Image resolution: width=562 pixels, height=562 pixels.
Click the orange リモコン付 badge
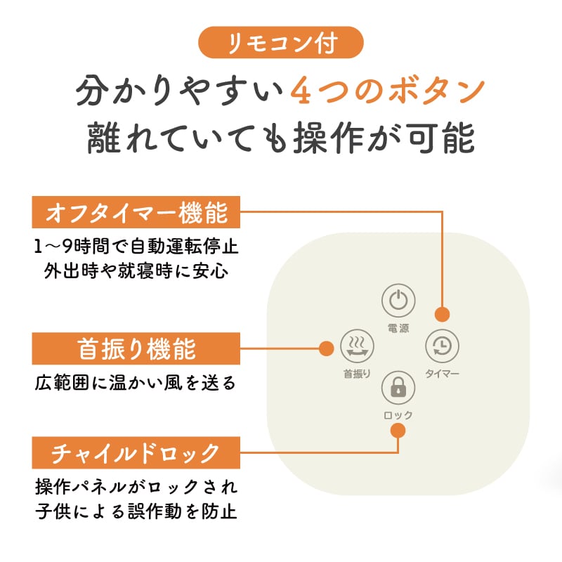(x=280, y=42)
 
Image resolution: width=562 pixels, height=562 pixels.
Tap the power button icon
(x=398, y=301)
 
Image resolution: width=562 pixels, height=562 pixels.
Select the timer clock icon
(x=442, y=346)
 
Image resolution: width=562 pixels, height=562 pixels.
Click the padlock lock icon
(x=398, y=388)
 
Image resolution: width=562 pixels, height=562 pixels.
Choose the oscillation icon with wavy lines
(x=357, y=346)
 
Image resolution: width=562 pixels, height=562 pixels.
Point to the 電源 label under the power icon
(x=398, y=328)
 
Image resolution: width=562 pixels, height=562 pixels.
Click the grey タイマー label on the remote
(x=442, y=374)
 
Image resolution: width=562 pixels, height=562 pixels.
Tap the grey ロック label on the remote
(x=398, y=415)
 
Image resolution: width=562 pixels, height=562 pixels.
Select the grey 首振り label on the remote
(x=357, y=374)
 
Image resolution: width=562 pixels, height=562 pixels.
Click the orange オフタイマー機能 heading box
(x=136, y=212)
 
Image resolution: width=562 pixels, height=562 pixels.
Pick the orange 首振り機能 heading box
(x=136, y=348)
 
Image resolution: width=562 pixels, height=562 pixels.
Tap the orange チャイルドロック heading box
(x=136, y=452)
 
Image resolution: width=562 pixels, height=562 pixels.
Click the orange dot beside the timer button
(x=442, y=314)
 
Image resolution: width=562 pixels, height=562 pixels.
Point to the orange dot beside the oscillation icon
(x=326, y=348)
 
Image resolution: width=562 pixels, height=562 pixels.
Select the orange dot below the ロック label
(x=398, y=431)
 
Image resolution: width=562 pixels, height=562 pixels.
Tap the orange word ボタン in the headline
(x=436, y=91)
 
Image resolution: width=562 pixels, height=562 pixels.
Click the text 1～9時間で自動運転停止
(x=136, y=247)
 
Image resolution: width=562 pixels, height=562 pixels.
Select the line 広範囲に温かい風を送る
(x=136, y=383)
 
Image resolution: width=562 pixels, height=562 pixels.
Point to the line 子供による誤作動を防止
(x=136, y=511)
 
